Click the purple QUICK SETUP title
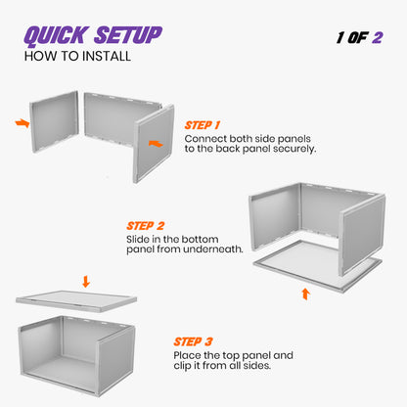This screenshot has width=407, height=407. pyautogui.click(x=93, y=36)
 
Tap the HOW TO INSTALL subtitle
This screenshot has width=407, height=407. pyautogui.click(x=77, y=57)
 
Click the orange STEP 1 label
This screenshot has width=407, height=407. pyautogui.click(x=203, y=125)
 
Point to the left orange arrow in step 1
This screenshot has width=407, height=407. pyautogui.click(x=23, y=123)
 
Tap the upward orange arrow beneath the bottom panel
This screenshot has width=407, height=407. pyautogui.click(x=306, y=293)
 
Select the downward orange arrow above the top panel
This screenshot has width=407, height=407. pyautogui.click(x=86, y=282)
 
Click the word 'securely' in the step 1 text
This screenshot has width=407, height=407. pyautogui.click(x=292, y=150)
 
